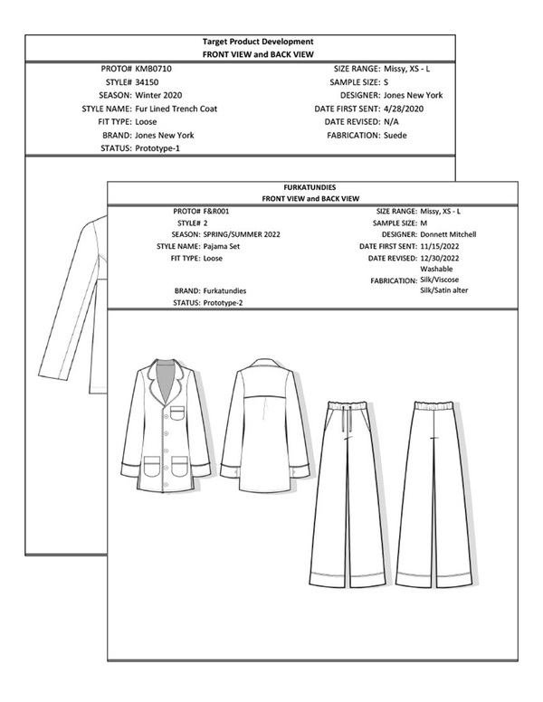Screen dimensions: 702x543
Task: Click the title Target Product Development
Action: (259, 42)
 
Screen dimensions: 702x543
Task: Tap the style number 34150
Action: (148, 81)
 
